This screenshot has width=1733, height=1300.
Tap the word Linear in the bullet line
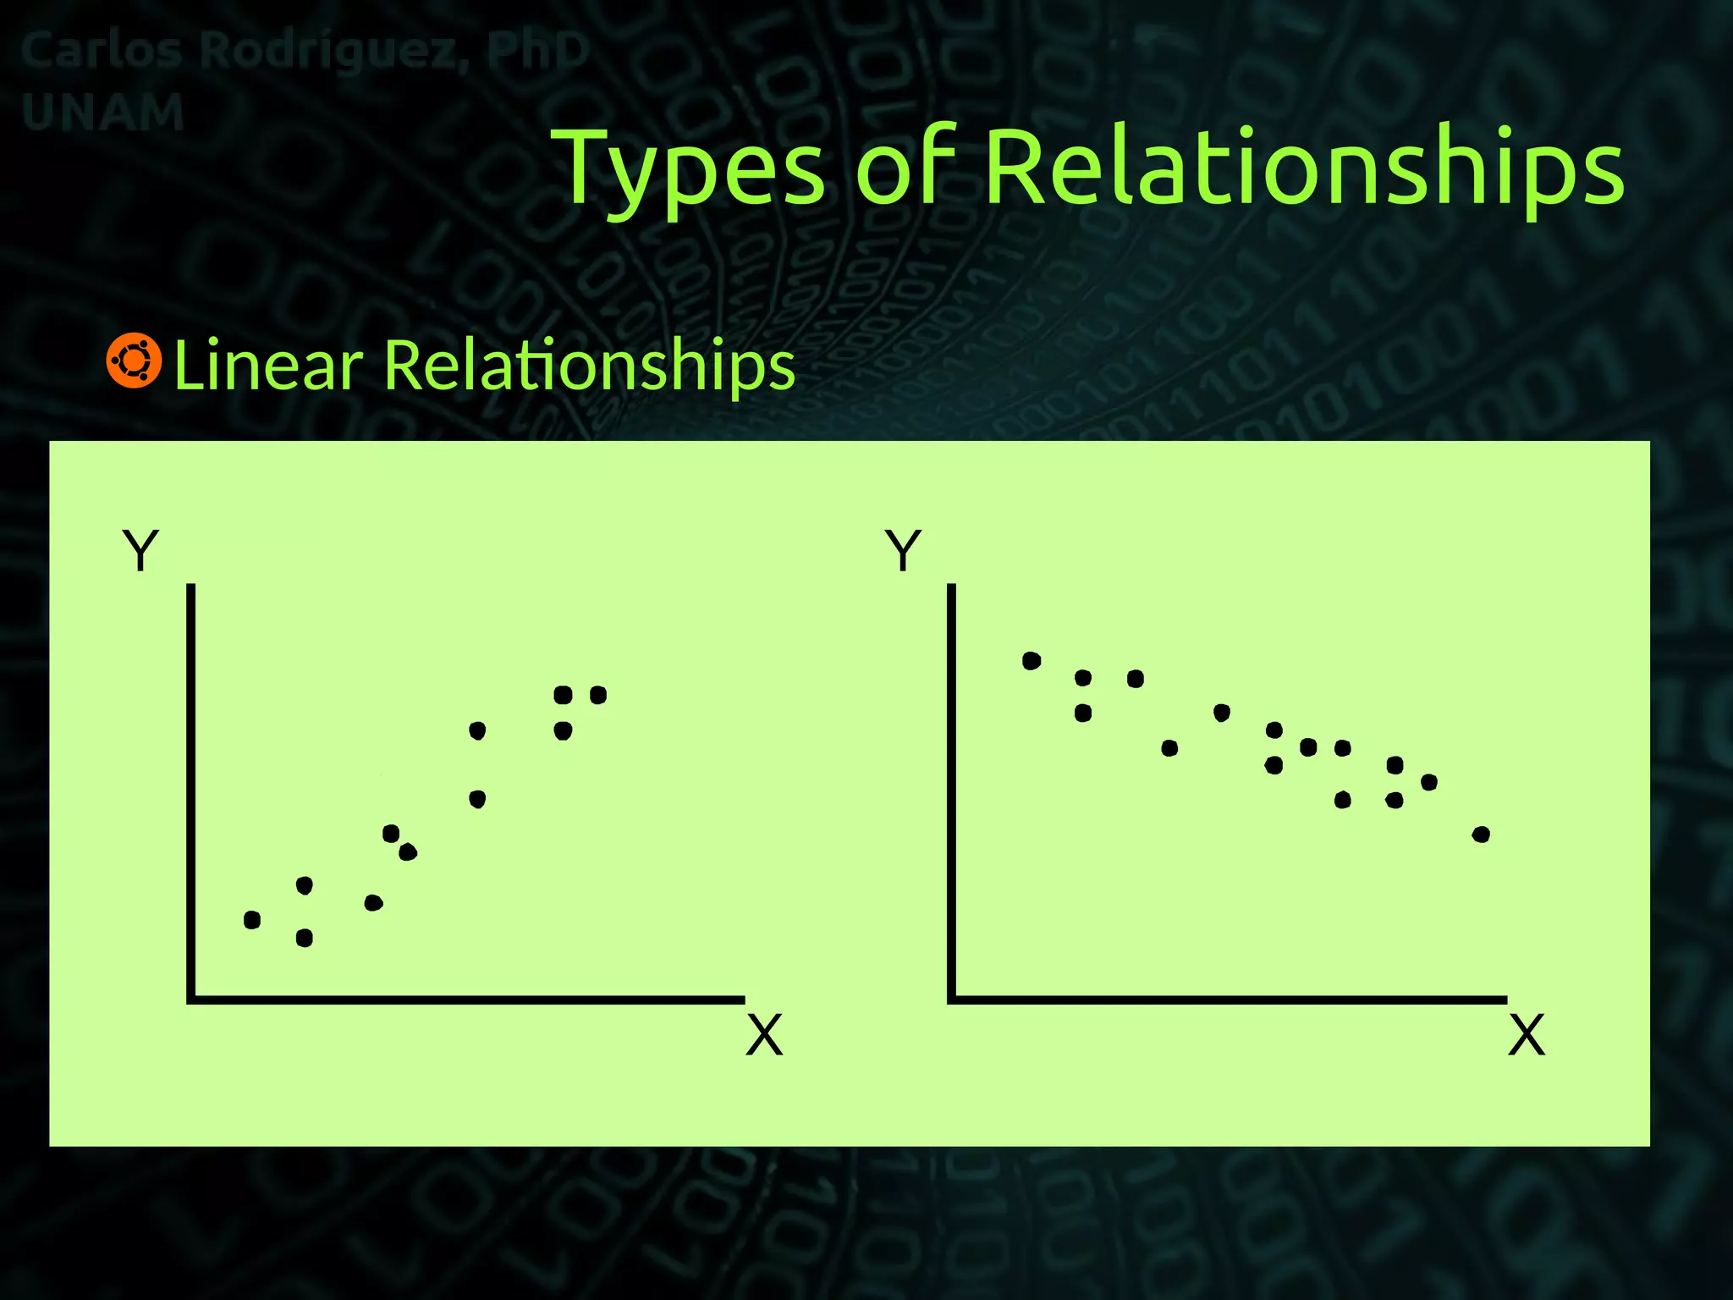[268, 365]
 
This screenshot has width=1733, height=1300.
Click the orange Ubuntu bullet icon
[134, 361]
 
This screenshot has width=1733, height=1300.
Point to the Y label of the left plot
[140, 550]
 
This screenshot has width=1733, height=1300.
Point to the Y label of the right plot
[903, 550]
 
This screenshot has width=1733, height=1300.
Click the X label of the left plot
[764, 1034]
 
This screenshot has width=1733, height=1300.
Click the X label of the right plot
[1527, 1034]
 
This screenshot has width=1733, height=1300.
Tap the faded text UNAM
[102, 113]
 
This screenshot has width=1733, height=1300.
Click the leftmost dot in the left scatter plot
[252, 920]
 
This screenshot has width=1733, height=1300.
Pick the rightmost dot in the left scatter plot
[598, 695]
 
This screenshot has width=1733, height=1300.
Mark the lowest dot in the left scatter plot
[305, 938]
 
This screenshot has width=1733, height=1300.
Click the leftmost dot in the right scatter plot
[1032, 661]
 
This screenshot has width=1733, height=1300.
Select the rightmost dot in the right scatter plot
[1481, 835]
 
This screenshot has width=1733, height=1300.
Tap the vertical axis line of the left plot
[191, 787]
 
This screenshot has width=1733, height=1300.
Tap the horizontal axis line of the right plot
[1227, 1000]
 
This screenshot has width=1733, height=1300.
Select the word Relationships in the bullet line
[589, 365]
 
